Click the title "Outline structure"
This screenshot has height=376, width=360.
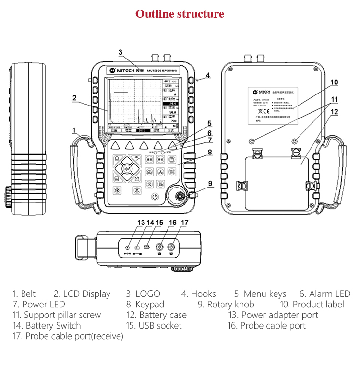(x=180, y=14)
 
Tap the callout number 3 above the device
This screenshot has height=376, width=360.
(x=120, y=52)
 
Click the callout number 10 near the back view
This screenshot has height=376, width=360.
(x=334, y=82)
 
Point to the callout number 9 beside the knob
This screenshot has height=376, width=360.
(x=210, y=183)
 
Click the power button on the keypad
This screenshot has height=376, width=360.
(x=155, y=197)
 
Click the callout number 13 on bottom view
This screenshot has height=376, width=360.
(x=141, y=223)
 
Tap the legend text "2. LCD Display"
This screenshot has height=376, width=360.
(x=82, y=294)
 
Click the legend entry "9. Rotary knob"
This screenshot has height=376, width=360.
(x=226, y=305)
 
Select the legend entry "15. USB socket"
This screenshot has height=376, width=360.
(x=154, y=326)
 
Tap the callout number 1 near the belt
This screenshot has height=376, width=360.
(x=74, y=130)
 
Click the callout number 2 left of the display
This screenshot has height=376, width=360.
(x=74, y=98)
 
